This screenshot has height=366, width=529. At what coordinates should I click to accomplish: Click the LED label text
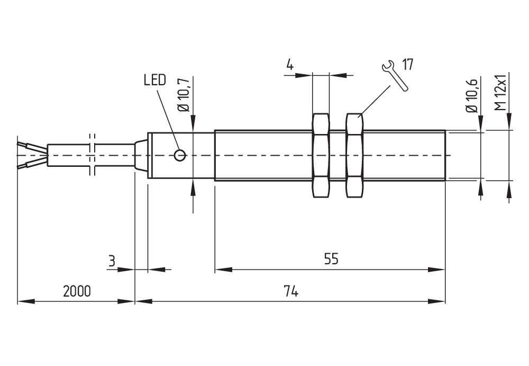pos(154,80)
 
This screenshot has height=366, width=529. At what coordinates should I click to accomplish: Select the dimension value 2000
pos(77,291)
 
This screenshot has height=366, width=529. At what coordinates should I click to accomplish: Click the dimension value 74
pos(290,291)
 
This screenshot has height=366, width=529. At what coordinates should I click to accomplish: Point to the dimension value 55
pos(331,259)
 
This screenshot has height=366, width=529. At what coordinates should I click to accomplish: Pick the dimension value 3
pos(111,261)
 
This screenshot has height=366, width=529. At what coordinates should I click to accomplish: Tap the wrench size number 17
pos(407,65)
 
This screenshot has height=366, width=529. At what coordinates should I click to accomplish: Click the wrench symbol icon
pos(395,76)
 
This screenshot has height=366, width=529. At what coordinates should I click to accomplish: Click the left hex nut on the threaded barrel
pos(321,155)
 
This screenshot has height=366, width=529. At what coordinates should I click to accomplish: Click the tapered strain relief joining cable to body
pos(141,155)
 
